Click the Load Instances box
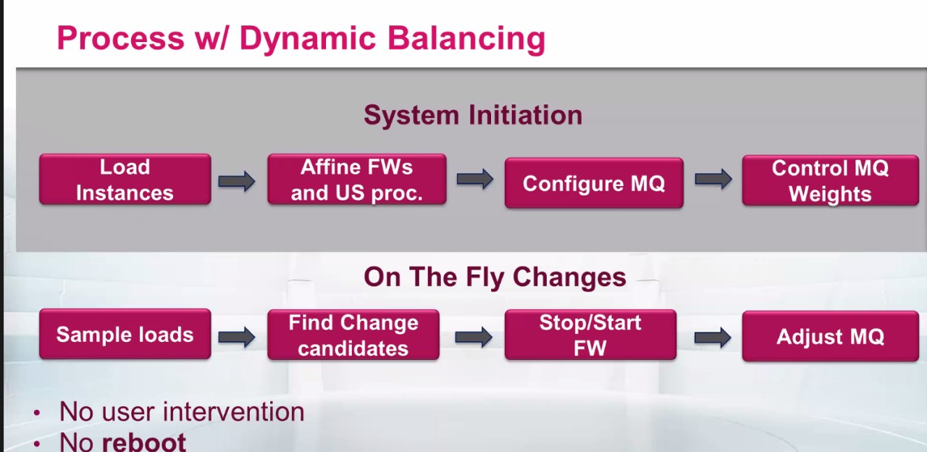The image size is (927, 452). (x=125, y=179)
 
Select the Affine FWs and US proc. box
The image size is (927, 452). (x=357, y=179)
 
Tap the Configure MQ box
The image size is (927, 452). (x=594, y=183)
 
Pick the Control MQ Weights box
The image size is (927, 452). (x=830, y=180)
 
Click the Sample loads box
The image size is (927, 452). (x=125, y=334)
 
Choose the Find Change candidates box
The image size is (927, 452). (x=353, y=335)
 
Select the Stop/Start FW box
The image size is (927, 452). (x=590, y=335)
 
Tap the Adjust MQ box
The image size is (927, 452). (x=830, y=336)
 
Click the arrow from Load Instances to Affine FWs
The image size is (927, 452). (x=237, y=181)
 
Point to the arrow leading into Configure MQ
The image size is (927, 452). (x=475, y=179)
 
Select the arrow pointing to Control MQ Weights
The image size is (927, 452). (x=713, y=179)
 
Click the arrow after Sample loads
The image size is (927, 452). (x=237, y=337)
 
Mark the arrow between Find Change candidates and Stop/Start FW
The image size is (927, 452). (x=474, y=337)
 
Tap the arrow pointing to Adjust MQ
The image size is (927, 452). (x=713, y=338)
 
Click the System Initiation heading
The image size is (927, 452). (x=473, y=114)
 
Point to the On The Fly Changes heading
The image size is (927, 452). (x=495, y=277)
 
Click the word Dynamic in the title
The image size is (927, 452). (x=308, y=39)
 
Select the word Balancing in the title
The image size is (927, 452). (x=466, y=39)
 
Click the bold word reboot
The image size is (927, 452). (x=144, y=442)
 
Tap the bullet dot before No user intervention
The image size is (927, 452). (x=37, y=413)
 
